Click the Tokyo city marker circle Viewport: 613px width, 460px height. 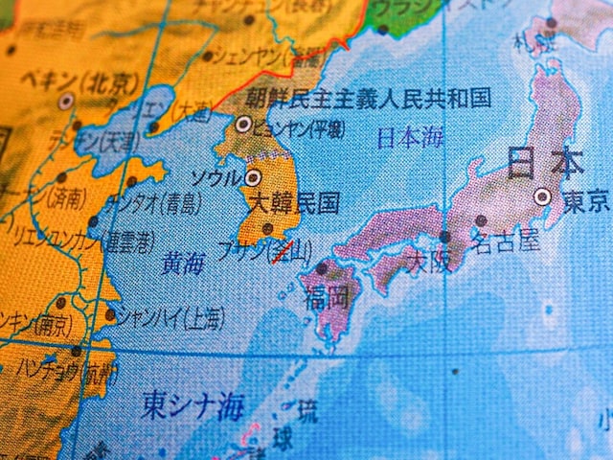543,196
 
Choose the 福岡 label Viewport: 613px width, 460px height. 327,297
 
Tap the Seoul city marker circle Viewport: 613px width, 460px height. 253,177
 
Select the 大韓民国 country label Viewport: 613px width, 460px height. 293,203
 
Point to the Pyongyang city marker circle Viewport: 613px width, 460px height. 243,124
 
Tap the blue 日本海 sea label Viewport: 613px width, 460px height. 409,137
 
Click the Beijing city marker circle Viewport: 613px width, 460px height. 66,101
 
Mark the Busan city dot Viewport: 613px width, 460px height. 268,229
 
